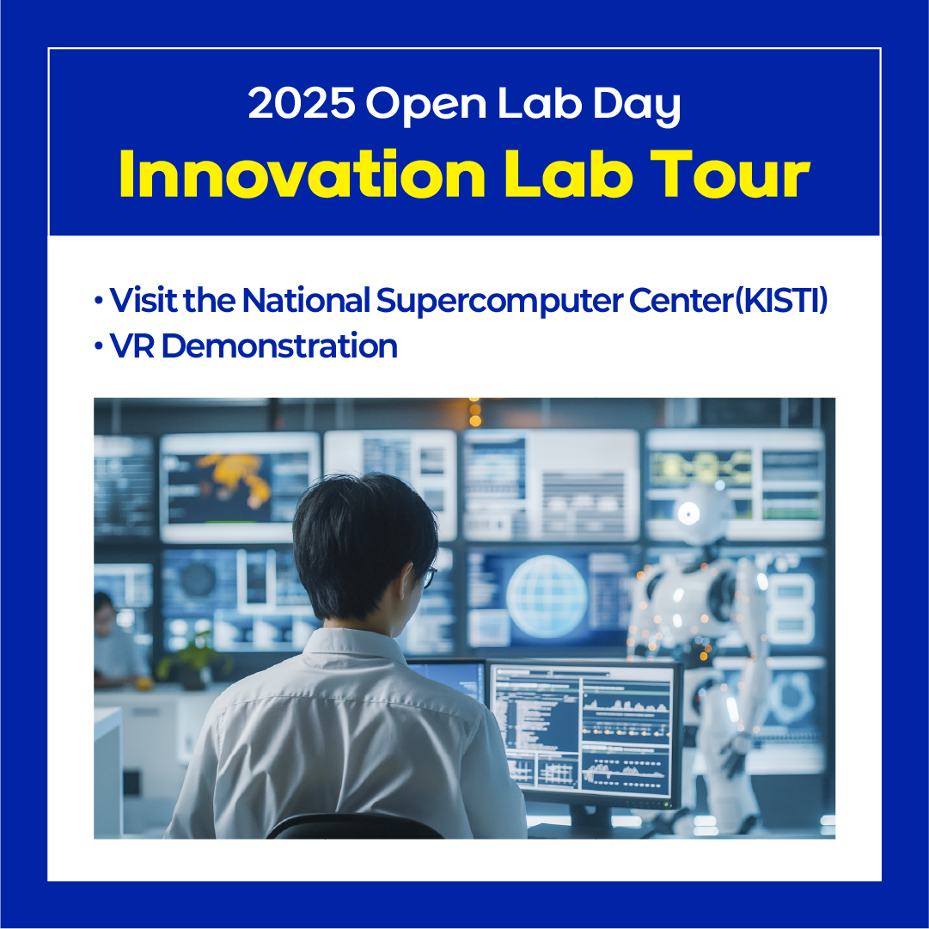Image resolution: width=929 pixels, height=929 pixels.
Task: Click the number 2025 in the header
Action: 302,103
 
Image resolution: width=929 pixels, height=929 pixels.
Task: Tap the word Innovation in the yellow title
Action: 303,174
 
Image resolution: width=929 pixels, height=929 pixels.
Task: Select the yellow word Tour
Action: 730,174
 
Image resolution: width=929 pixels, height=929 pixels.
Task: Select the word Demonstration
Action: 279,345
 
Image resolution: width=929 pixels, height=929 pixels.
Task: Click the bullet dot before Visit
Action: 98,300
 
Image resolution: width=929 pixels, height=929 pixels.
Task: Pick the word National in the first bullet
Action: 306,300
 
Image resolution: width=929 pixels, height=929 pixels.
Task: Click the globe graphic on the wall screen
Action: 547,596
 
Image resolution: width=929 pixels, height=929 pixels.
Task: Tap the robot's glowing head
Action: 703,513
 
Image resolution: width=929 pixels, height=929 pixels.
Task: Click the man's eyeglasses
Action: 429,577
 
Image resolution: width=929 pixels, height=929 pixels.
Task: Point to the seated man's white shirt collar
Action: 356,642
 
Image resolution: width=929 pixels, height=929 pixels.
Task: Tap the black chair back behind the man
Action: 355,826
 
